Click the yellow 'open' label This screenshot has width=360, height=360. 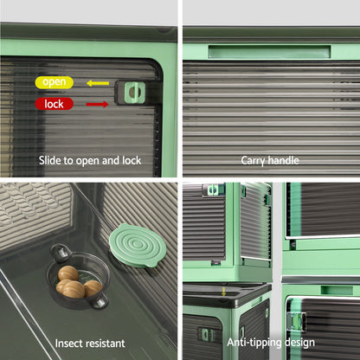[55, 82]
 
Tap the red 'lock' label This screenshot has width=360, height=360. [54, 104]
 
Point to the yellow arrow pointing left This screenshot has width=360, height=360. [98, 83]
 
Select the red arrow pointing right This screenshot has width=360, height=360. [98, 104]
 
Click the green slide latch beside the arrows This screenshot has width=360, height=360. [134, 93]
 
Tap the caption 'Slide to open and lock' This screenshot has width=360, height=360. [90, 161]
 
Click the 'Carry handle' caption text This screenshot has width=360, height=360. [270, 160]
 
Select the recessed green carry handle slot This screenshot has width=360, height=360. [269, 52]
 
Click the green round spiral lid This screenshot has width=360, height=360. [138, 246]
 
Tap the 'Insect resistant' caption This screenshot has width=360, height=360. [90, 344]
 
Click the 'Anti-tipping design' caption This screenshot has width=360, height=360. [271, 343]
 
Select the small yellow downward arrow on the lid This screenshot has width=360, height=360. [223, 291]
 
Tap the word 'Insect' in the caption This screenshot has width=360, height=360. [68, 344]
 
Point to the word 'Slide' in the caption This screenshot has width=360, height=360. [50, 160]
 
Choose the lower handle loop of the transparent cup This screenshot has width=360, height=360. [100, 301]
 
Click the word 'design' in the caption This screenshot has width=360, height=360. [299, 343]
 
